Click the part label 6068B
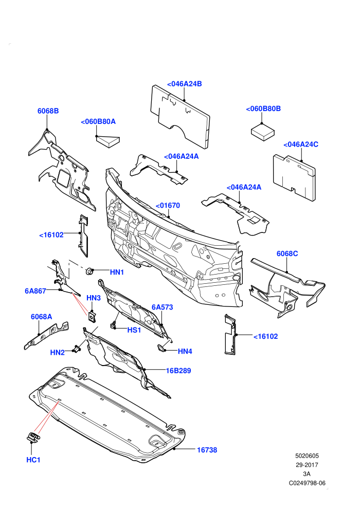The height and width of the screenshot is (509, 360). pyautogui.click(x=48, y=111)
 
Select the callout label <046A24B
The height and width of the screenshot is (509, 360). pyautogui.click(x=185, y=84)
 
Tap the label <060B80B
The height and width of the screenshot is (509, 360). pyautogui.click(x=263, y=109)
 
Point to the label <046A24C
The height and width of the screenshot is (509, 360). pyautogui.click(x=300, y=144)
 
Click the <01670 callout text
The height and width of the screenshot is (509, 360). pyautogui.click(x=168, y=206)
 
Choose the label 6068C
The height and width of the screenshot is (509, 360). pyautogui.click(x=287, y=253)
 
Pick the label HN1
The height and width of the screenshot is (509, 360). pyautogui.click(x=117, y=272)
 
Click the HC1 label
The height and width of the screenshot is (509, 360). pyautogui.click(x=33, y=460)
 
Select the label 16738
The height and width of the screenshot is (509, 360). pyautogui.click(x=207, y=450)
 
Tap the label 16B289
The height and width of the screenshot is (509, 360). pyautogui.click(x=178, y=371)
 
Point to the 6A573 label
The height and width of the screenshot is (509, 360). pyautogui.click(x=163, y=307)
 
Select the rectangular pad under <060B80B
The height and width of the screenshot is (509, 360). pyautogui.click(x=263, y=132)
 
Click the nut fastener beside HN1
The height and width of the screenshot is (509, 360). pyautogui.click(x=89, y=271)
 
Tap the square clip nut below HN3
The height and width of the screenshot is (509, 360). pyautogui.click(x=92, y=316)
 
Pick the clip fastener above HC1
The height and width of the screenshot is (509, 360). pyautogui.click(x=33, y=437)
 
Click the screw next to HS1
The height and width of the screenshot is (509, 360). pyautogui.click(x=114, y=325)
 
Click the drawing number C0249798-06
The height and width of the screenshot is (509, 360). pyautogui.click(x=307, y=483)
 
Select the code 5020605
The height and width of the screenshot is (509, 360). pyautogui.click(x=307, y=456)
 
